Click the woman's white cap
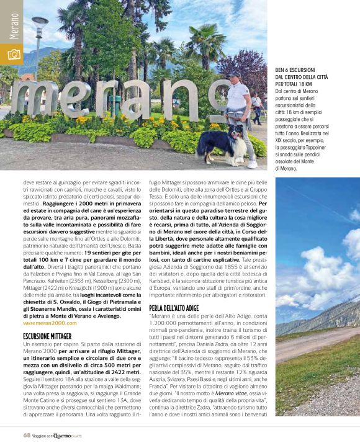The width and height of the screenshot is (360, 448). pos(233,75)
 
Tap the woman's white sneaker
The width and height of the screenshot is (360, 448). pos(251,164)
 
